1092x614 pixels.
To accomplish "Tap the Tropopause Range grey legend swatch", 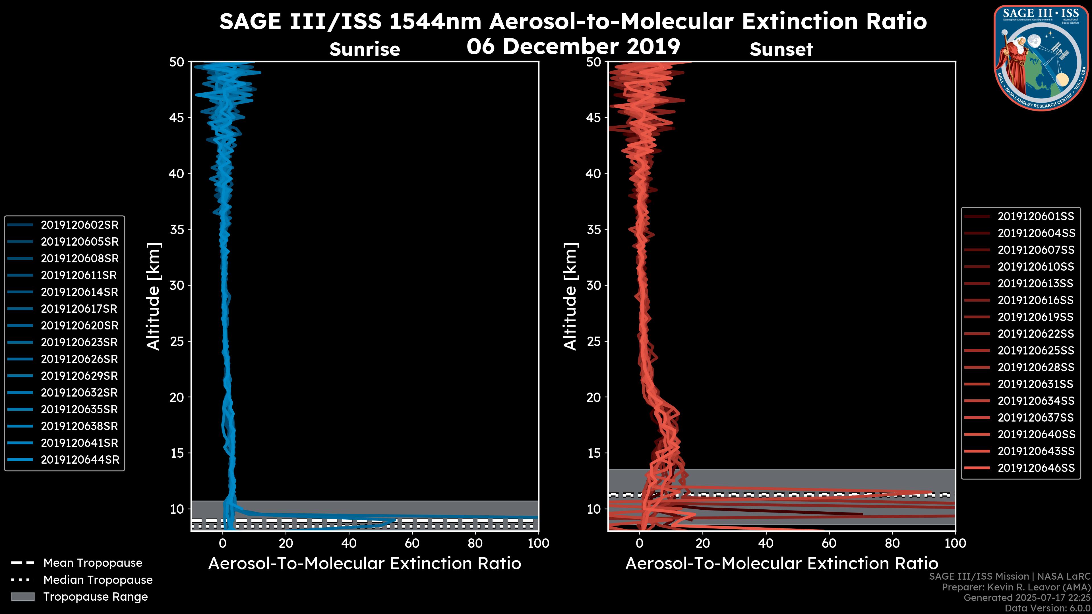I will [23, 597].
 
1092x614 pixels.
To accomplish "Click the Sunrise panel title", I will [365, 49].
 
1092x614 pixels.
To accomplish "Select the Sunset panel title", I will [781, 49].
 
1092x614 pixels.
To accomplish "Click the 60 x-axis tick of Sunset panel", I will [829, 543].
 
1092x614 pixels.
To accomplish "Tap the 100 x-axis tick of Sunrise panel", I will [538, 543].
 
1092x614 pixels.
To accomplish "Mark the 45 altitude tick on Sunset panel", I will [594, 118].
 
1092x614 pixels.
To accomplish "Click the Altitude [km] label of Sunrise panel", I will [154, 296].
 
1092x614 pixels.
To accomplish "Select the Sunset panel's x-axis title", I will [781, 564].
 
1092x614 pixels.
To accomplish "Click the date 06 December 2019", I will [573, 46].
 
